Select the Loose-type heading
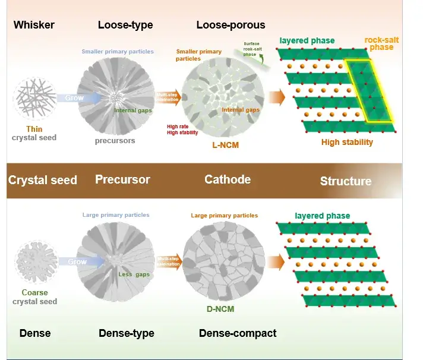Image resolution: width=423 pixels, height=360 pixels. coord(125,25)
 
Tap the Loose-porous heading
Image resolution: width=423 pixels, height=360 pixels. coord(231,25)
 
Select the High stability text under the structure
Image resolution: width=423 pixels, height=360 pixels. coord(347,142)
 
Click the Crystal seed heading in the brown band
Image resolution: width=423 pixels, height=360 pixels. coord(43,180)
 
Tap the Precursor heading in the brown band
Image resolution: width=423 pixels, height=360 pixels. coord(122,179)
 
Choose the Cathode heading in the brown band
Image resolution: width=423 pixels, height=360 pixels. coord(228,179)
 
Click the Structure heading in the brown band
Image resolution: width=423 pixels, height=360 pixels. coord(346,181)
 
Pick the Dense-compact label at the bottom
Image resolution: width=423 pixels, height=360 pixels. coord(237,333)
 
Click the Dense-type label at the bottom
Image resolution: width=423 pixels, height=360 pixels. coord(126,333)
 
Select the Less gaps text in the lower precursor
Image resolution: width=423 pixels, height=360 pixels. coord(134,274)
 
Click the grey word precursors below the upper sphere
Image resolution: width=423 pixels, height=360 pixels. coord(115,141)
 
